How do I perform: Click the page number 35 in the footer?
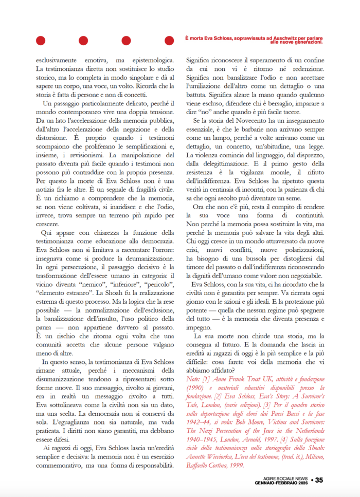(319, 481)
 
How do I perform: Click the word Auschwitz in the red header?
(286, 38)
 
